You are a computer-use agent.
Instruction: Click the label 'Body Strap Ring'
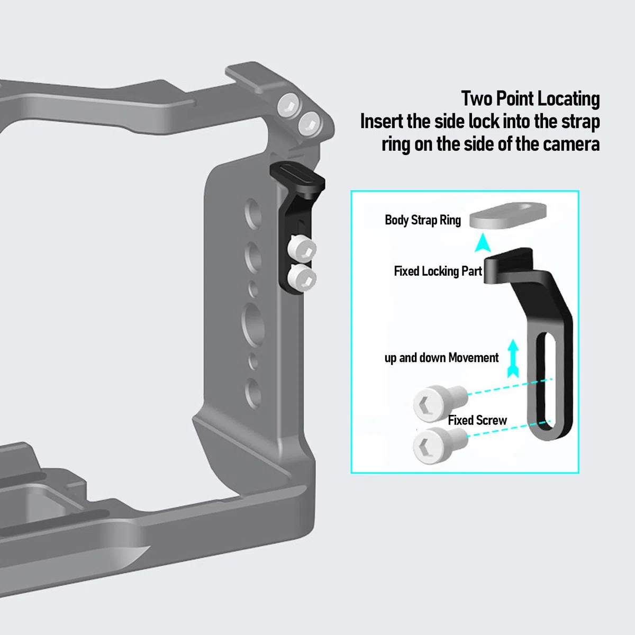click(423, 221)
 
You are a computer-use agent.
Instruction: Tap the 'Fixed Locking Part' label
click(438, 271)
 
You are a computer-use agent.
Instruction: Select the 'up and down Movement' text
click(441, 358)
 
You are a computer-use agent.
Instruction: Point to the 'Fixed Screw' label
click(477, 420)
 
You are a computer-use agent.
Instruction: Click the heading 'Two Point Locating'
click(531, 98)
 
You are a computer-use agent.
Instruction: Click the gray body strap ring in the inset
click(508, 215)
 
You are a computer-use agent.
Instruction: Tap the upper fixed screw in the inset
click(440, 403)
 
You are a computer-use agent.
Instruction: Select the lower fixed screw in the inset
click(440, 446)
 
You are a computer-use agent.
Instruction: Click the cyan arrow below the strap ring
click(483, 243)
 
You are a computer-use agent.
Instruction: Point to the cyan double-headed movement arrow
click(513, 359)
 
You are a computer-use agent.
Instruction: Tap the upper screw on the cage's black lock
click(301, 249)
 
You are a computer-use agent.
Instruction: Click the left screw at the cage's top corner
click(289, 105)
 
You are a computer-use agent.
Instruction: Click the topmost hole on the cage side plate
click(253, 214)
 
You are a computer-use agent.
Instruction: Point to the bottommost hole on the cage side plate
click(253, 394)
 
